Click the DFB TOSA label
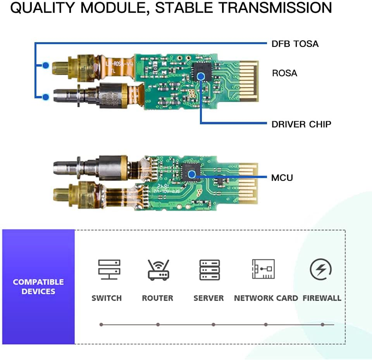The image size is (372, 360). click(295, 44)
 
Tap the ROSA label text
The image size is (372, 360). click(284, 73)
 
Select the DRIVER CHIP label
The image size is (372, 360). click(301, 124)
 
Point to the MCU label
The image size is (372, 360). click(282, 178)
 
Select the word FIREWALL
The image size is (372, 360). click(322, 298)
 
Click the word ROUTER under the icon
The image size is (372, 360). click(157, 298)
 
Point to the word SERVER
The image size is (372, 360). click(208, 298)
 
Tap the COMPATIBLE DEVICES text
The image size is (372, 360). click(38, 286)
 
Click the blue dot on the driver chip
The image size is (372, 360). click(200, 76)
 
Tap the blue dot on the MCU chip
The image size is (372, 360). click(191, 175)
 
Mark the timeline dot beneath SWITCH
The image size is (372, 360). click(101, 324)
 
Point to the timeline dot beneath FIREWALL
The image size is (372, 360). click(322, 324)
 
